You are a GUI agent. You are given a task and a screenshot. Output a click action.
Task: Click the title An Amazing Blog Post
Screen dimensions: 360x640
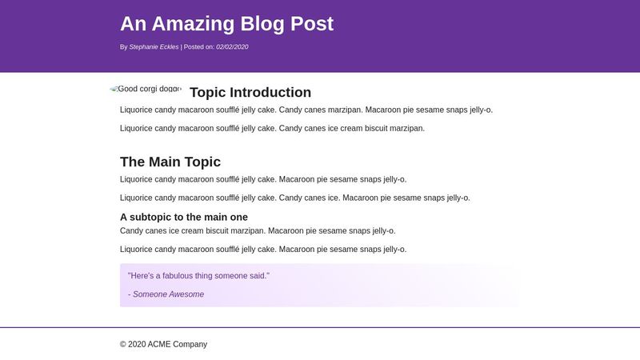[226, 24]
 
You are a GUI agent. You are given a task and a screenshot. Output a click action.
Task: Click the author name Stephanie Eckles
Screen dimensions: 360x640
[154, 47]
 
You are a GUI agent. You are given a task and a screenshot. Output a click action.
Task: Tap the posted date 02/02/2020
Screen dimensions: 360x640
[232, 47]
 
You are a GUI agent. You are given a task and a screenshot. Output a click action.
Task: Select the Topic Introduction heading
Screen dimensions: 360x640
[250, 93]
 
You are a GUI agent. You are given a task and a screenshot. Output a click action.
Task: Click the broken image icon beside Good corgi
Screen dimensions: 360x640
[114, 89]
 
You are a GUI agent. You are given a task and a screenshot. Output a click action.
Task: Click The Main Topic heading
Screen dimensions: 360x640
[170, 162]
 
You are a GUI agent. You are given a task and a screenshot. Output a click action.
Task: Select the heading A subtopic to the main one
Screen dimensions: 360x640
[183, 217]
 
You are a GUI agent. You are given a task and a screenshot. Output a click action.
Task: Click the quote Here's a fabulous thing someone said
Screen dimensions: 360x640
[198, 276]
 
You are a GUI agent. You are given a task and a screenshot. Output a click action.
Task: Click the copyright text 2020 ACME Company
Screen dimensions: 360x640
[163, 345]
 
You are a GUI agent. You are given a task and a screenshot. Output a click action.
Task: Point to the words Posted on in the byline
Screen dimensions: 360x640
[198, 47]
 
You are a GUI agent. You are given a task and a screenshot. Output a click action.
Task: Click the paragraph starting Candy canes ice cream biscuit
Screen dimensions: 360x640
[257, 231]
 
